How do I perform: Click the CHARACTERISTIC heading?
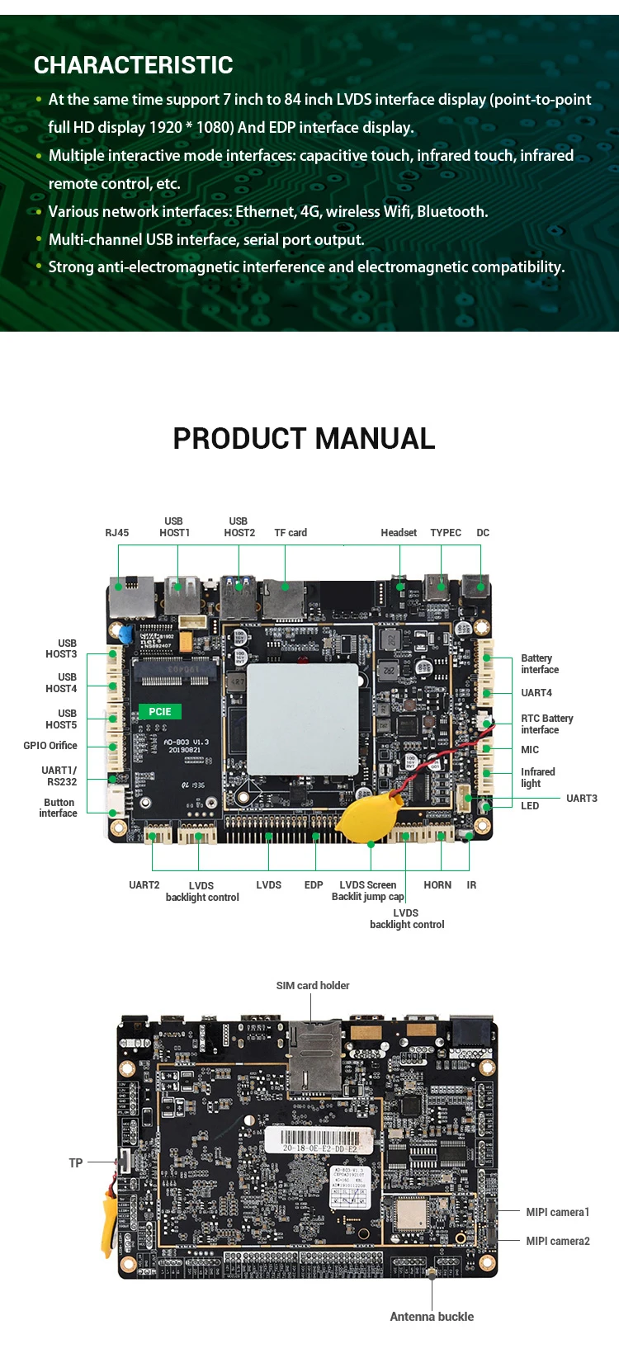pos(133,65)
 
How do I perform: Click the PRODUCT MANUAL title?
pos(304,439)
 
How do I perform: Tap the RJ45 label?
pos(117,533)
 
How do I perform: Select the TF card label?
pos(291,533)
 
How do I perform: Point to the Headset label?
pos(399,533)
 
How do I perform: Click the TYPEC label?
pos(446,533)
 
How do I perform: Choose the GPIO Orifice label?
pos(50,746)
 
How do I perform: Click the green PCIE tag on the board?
pos(160,711)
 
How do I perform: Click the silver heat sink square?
pos(303,719)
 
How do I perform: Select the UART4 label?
pos(536,693)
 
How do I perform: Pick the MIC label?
pos(530,750)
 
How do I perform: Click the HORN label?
pos(437,885)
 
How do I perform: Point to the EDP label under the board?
pos(314,885)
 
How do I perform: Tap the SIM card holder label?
pos(313,986)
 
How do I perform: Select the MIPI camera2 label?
pos(558,1241)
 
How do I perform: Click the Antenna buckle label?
pos(432,1317)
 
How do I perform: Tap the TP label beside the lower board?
pos(76,1163)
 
